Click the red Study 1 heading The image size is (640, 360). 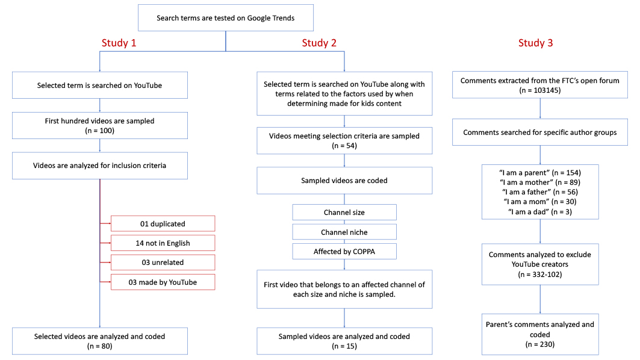(x=119, y=43)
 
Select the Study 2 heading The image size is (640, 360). (x=319, y=43)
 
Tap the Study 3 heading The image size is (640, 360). (x=535, y=43)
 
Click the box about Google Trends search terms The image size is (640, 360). (x=226, y=18)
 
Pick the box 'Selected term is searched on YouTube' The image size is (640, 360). (x=99, y=85)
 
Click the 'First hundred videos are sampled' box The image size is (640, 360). (x=99, y=125)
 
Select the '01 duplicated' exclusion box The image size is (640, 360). (x=163, y=224)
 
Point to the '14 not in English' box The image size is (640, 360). (x=163, y=243)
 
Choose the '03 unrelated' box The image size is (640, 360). (x=163, y=262)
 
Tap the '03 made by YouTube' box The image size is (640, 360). (x=163, y=282)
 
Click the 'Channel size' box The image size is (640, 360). (x=344, y=213)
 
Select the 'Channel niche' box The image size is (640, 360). (x=344, y=232)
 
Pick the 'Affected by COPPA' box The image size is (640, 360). (x=344, y=252)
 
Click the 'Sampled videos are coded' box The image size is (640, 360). (x=344, y=181)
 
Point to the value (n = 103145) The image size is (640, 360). (x=540, y=90)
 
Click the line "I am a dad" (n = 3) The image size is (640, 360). (x=540, y=212)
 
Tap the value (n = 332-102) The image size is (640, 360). (x=540, y=275)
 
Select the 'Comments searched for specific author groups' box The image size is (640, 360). (x=540, y=132)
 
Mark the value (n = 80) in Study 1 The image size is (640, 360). (x=99, y=346)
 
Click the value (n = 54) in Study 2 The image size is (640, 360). (x=344, y=146)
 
